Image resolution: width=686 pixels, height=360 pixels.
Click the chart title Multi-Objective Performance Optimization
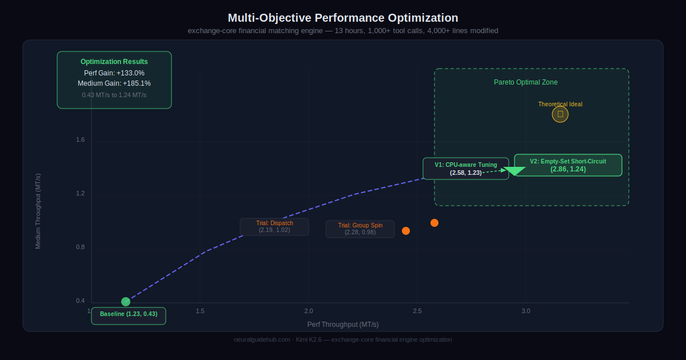point(343,18)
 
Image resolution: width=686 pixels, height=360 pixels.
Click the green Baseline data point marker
point(126,302)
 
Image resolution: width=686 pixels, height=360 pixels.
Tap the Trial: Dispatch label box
point(274,227)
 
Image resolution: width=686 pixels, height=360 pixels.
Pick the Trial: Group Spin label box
point(360,229)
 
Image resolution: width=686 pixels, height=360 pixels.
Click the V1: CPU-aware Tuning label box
point(465,169)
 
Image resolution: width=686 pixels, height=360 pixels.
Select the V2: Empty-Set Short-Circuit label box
point(568,165)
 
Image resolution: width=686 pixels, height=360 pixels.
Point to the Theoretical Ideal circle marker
point(560,114)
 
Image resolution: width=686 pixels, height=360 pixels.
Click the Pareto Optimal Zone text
point(525,82)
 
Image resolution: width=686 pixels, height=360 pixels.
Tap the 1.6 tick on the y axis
point(81,140)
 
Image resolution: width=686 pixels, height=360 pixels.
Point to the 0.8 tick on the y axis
point(81,247)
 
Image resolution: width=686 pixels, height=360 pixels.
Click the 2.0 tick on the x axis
point(309,311)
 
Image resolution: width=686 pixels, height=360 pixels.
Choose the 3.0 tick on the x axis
point(526,311)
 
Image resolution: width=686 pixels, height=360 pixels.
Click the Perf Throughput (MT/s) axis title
point(343,325)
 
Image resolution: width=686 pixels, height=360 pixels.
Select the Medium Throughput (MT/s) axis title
point(38,211)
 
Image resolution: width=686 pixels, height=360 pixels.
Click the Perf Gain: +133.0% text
point(114,73)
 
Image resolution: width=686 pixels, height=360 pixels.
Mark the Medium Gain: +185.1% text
point(114,83)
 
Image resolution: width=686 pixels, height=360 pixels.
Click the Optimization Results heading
point(114,62)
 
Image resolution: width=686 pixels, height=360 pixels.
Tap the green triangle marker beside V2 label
point(514,170)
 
